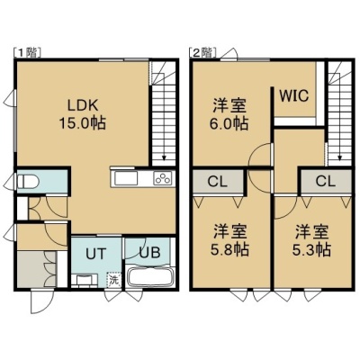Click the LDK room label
[x=83, y=106]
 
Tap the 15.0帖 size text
[x=83, y=123]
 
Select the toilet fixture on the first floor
[x=28, y=182]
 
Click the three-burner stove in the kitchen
[x=163, y=178]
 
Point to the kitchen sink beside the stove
[x=126, y=178]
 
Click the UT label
[x=96, y=254]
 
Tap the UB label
[x=149, y=253]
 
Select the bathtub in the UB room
[x=148, y=277]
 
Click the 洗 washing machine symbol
[x=114, y=280]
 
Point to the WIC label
[x=294, y=95]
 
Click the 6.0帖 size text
[x=229, y=123]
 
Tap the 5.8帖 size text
[x=229, y=248]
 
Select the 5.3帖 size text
[x=311, y=248]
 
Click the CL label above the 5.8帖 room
[x=218, y=182]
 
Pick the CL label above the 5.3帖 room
[x=325, y=181]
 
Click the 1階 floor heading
[x=28, y=53]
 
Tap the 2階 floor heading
[x=202, y=53]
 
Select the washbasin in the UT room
[x=85, y=281]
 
